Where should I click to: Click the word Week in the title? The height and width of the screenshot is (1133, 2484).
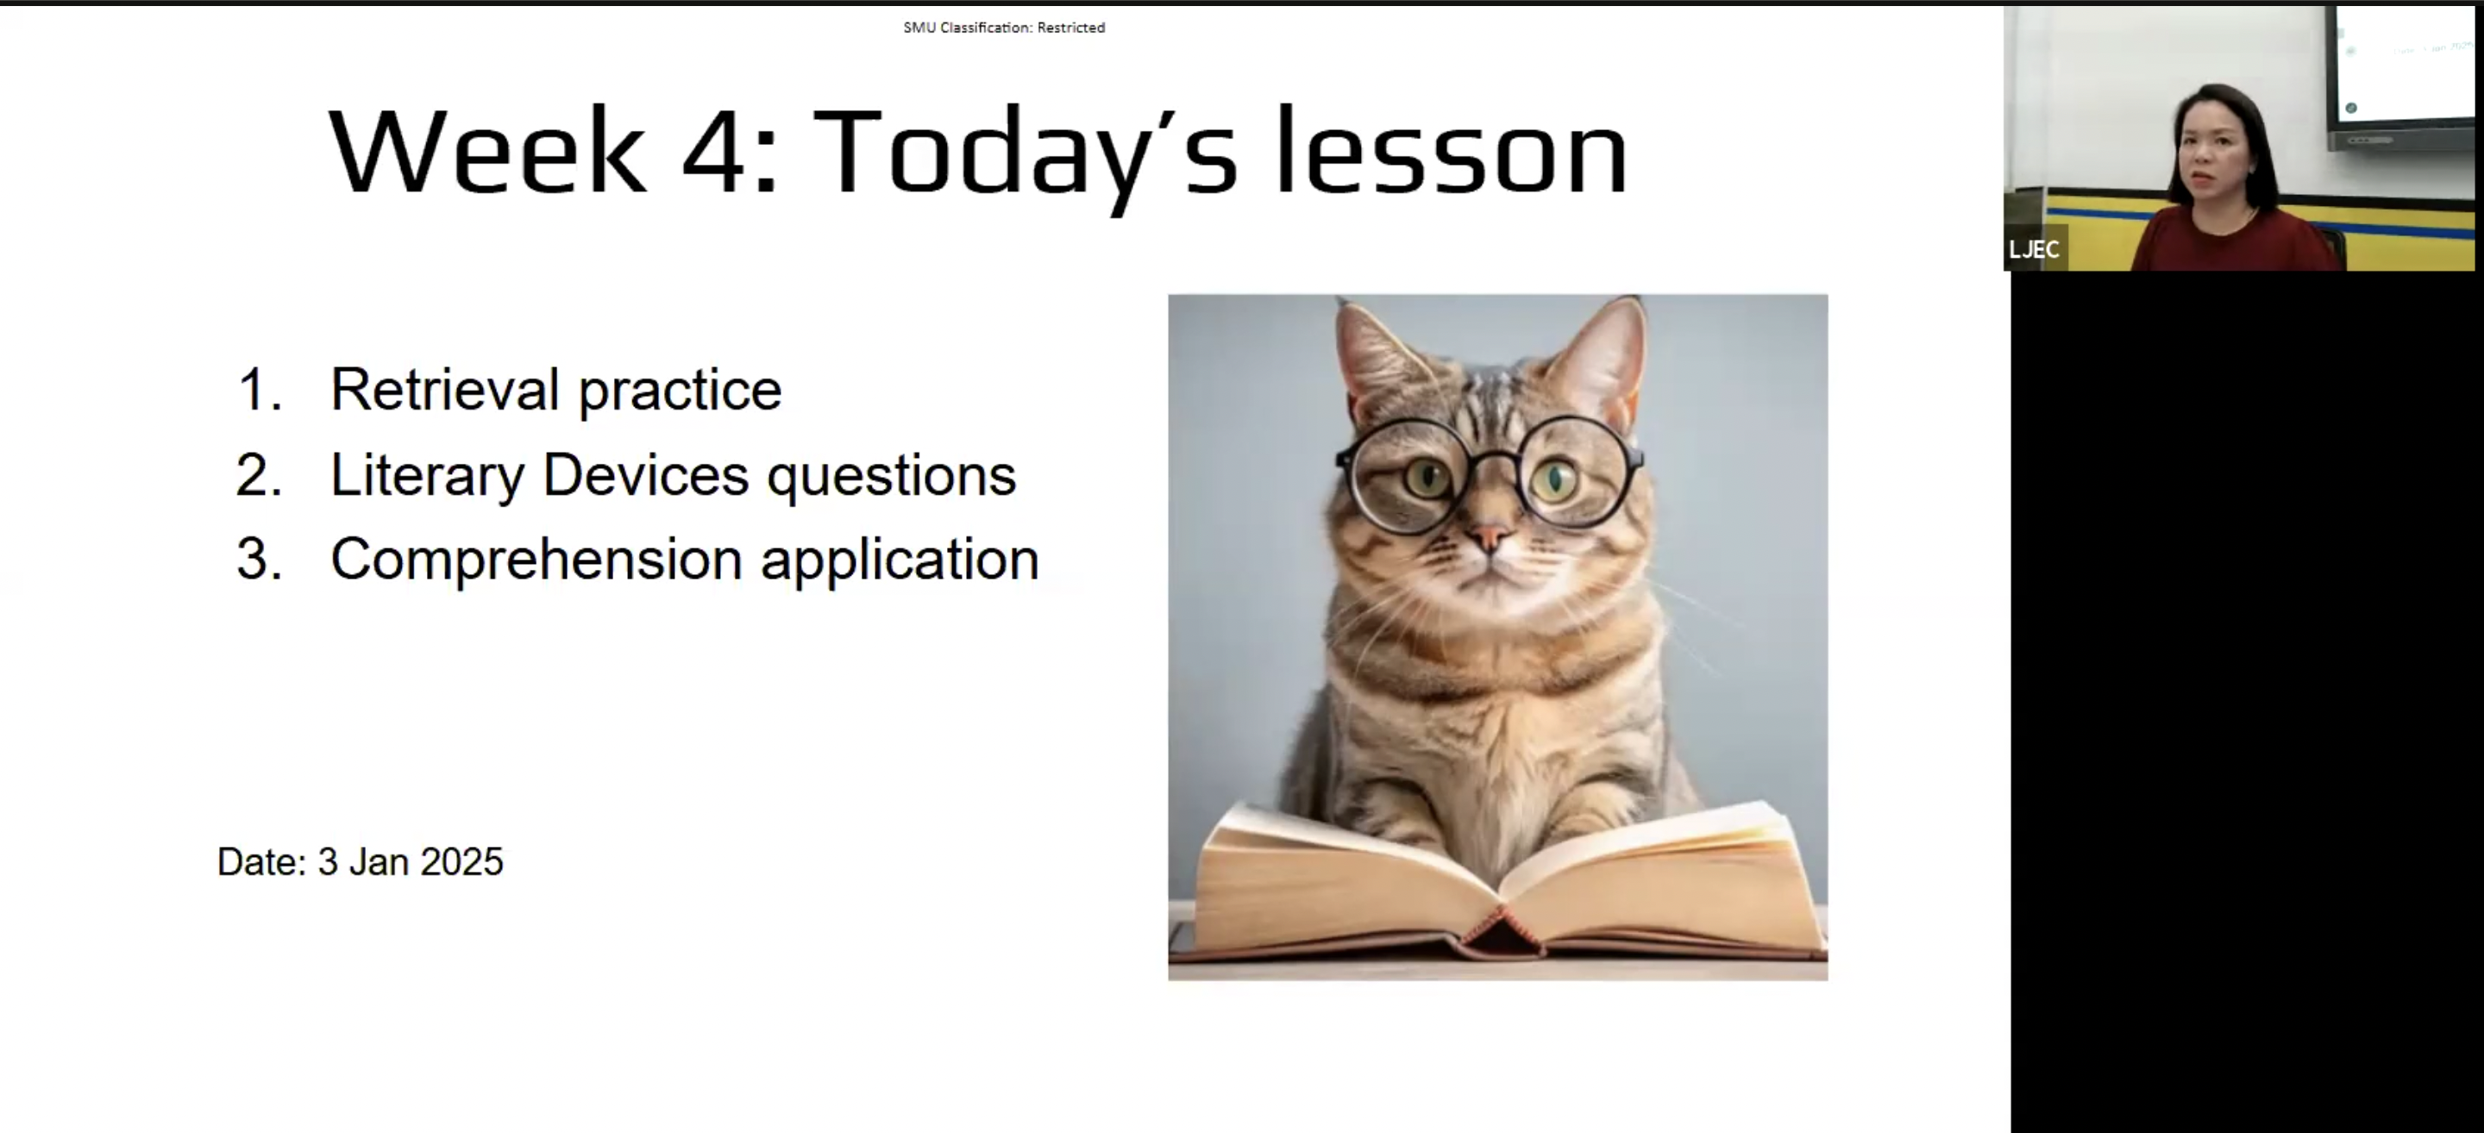(487, 153)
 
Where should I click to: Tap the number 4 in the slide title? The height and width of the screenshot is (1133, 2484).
(713, 153)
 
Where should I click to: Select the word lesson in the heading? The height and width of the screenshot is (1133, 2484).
(1452, 153)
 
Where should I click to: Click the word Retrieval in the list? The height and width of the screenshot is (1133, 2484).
(444, 390)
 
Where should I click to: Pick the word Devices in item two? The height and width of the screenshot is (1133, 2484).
(645, 475)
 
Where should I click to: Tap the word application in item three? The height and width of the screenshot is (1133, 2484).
(900, 560)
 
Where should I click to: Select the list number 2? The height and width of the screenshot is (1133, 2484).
(259, 475)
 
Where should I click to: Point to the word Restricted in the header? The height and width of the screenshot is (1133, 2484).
(1070, 28)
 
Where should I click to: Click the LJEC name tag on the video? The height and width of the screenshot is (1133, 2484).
(2035, 250)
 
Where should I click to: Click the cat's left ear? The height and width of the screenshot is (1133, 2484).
(1374, 352)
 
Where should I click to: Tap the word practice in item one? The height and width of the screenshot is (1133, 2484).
(680, 390)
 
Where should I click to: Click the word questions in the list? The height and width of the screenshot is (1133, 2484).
(891, 475)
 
